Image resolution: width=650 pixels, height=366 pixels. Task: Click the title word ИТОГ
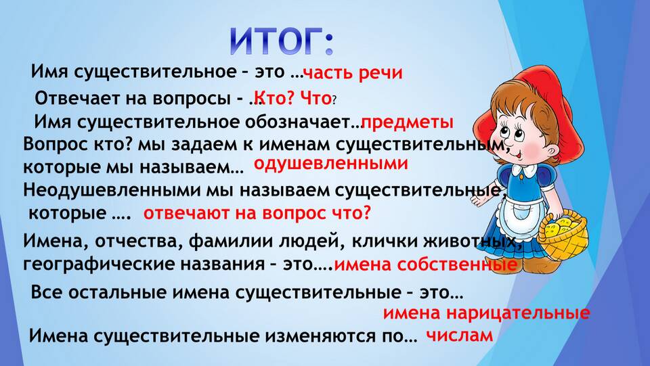(276, 42)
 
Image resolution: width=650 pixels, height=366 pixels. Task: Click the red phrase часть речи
(353, 73)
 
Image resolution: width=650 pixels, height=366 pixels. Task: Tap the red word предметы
(408, 122)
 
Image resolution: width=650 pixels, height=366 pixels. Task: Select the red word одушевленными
(331, 164)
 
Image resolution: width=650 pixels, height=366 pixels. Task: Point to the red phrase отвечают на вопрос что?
(257, 213)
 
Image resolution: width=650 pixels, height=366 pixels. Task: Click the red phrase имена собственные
(426, 264)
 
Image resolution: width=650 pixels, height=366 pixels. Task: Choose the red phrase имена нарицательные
(486, 313)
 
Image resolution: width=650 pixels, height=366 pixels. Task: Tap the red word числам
(460, 335)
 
